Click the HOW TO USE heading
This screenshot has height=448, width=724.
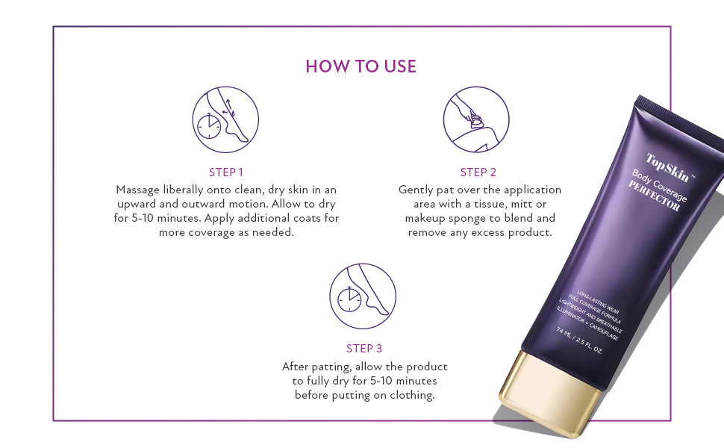361,66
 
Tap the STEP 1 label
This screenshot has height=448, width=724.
226,172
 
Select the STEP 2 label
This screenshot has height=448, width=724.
478,172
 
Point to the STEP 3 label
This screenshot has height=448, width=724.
364,348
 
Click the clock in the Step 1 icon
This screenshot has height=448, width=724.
209,126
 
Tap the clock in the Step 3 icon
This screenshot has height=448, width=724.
349,299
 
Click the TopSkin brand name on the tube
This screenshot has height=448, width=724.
668,169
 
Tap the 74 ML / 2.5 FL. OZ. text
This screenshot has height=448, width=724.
579,340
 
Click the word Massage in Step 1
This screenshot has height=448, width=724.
137,190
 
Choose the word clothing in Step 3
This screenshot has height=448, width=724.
412,395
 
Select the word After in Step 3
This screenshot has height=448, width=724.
295,367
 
